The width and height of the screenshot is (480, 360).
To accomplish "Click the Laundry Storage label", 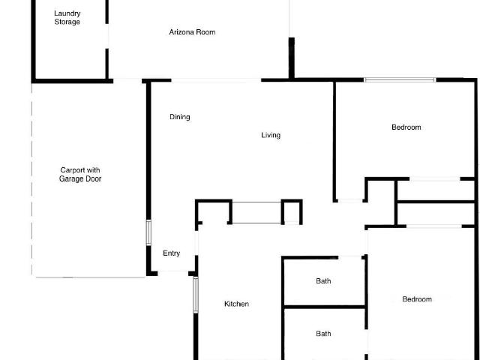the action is tap(67, 17).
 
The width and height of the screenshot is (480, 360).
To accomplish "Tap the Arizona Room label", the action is tap(192, 31).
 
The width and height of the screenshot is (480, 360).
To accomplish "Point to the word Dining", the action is tap(180, 117).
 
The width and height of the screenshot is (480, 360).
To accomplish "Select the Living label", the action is tap(271, 135).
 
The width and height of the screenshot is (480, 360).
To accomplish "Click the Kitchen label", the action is tap(237, 304).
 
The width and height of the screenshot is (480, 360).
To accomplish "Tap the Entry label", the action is tap(172, 253).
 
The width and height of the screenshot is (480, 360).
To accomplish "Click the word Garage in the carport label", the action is tap(70, 178).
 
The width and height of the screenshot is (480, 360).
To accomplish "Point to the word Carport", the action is tap(72, 170).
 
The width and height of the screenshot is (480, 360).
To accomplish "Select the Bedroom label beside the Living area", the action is tap(406, 127).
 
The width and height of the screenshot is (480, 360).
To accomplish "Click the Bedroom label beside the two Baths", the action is tap(417, 299).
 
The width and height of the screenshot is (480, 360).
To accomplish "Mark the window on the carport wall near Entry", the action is tap(148, 232).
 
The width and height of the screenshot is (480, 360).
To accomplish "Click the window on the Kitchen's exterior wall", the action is tap(196, 295).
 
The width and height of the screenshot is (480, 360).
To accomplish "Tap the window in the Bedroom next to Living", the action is tap(400, 80).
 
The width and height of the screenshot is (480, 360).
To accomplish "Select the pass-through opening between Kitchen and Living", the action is tap(256, 212).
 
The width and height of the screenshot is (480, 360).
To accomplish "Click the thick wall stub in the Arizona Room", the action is tap(292, 58).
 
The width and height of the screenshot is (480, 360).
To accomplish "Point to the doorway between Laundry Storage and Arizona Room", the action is tap(106, 36).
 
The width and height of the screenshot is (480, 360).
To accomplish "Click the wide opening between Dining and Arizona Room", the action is tap(216, 80).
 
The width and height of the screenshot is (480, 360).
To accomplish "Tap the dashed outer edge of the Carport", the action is tap(31, 179).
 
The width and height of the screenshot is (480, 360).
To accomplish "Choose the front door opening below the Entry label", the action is tap(173, 272).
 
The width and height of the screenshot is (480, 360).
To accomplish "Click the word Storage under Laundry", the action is tap(67, 22).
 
